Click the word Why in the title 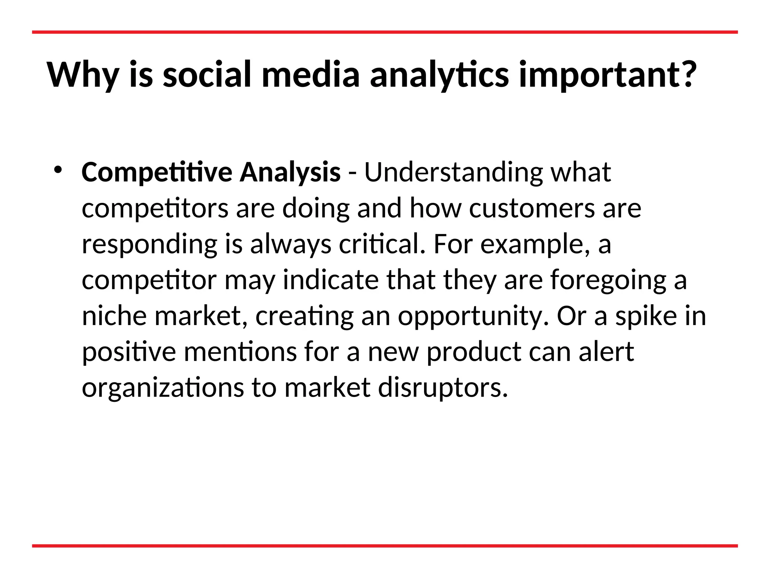(83, 75)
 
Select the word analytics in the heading (439, 75)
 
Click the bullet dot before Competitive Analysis (57, 170)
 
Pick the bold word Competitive (157, 173)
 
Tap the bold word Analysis (290, 172)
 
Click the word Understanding (453, 172)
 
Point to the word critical (382, 244)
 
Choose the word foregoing (608, 281)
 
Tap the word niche (114, 316)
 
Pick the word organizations (162, 388)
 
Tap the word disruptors (442, 388)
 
